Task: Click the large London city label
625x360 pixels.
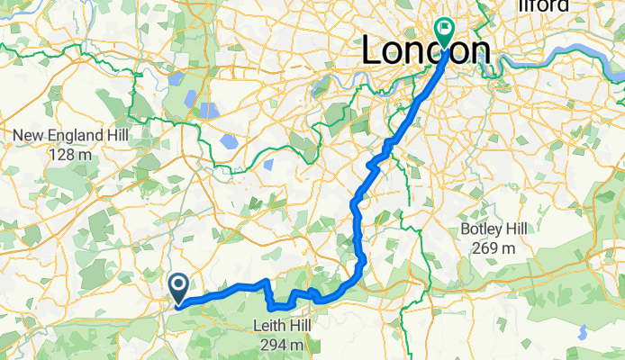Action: (x=426, y=50)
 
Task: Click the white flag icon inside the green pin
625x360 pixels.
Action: (x=444, y=28)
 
